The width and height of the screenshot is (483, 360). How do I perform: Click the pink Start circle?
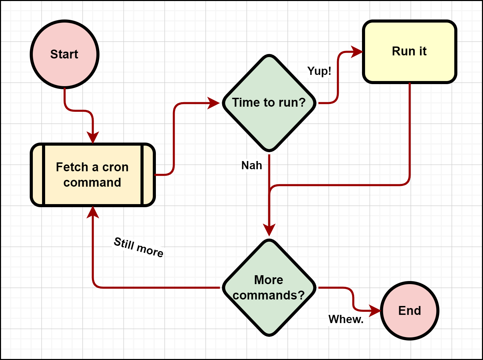pos(65,54)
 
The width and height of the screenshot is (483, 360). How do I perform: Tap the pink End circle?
pos(410,310)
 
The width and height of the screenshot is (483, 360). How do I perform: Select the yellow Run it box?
pos(410,51)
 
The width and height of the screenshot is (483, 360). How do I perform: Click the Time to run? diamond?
pos(269,103)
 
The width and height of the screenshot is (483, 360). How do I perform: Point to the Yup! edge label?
pos(319,71)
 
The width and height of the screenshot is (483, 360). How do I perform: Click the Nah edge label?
pos(252,165)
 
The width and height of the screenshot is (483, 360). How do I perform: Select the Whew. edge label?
pos(346,319)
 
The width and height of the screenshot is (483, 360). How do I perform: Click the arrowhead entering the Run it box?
pos(358,52)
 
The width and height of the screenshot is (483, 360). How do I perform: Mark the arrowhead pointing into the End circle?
pos(375,310)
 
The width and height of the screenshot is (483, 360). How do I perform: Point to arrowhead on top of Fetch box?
pos(93,137)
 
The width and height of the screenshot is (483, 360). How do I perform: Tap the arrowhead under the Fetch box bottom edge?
pos(93,212)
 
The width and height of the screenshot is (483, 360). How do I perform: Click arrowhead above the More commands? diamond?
pos(269,230)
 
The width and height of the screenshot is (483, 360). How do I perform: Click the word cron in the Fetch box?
pos(115,167)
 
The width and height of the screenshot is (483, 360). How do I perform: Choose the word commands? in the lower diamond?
pos(269,295)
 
